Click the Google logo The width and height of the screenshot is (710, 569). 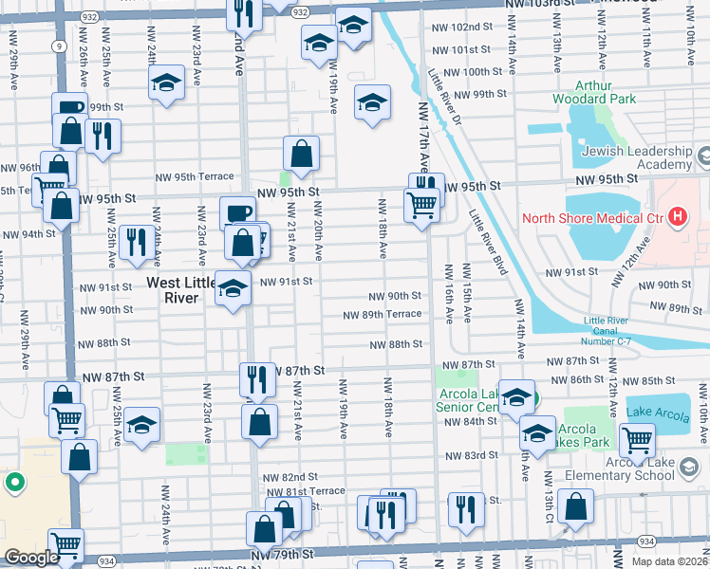(31, 558)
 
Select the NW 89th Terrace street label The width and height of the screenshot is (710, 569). (383, 314)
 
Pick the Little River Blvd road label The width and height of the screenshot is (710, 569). (486, 243)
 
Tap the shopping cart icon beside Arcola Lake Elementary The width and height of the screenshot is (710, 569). (636, 439)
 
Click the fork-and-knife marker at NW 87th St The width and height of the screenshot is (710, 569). (257, 380)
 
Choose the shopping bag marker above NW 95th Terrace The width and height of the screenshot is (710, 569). (301, 154)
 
